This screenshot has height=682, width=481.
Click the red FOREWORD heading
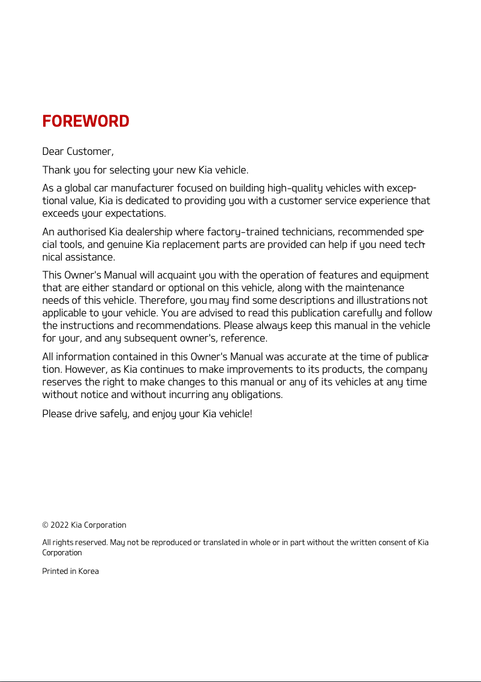click(x=86, y=121)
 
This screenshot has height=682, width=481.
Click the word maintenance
click(x=374, y=288)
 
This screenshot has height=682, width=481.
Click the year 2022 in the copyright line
click(x=59, y=525)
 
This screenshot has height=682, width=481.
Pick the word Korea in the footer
click(x=88, y=572)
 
